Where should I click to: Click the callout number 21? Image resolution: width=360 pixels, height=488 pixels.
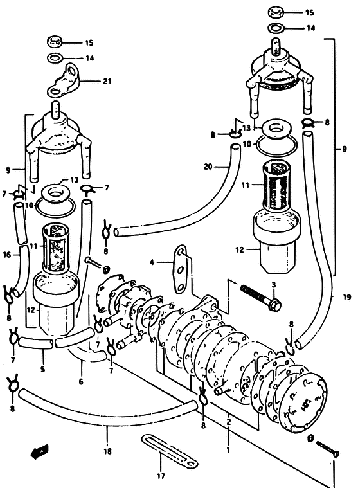[107, 81]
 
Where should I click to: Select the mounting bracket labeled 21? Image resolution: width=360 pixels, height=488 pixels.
[64, 80]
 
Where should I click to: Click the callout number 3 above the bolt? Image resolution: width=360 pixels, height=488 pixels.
[274, 285]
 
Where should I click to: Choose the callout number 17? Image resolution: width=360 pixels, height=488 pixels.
[161, 476]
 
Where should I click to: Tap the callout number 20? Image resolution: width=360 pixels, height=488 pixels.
[208, 167]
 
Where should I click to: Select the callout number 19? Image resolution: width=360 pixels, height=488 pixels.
[347, 297]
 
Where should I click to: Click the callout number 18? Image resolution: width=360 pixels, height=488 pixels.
[107, 451]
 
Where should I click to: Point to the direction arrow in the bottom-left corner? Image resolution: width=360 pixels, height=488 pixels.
[39, 451]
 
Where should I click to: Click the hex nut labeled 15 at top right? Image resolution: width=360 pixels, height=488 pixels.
[276, 12]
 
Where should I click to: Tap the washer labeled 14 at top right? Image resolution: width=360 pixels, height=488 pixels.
[276, 28]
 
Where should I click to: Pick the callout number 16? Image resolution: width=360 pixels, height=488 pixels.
[7, 255]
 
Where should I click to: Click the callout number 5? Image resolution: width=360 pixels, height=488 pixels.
[42, 370]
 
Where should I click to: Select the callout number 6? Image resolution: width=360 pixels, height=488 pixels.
[81, 381]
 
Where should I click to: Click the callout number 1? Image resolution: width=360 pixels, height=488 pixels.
[228, 449]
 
